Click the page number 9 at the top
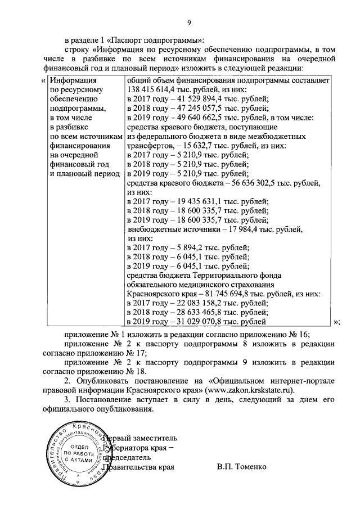click(190, 22)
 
